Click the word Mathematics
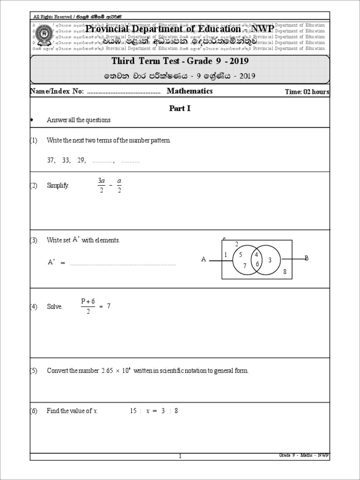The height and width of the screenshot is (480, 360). pos(189,91)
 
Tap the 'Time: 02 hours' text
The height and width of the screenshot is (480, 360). pos(307,92)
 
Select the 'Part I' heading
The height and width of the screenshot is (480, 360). pos(180,108)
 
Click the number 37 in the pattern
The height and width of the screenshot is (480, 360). pos(51,160)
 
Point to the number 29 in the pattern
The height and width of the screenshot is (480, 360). pos(82,160)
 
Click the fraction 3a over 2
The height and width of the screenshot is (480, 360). pos(101,185)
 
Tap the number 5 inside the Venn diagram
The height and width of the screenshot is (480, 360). pos(240,255)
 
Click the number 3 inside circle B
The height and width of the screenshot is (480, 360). pos(270,260)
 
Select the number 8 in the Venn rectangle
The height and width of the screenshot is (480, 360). pos(284,271)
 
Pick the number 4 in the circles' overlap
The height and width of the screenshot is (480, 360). pos(256,255)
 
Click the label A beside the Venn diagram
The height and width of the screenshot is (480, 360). pos(203,259)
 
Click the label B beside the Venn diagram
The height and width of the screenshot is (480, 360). pos(307,258)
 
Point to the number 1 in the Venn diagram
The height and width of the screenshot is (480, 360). pos(225,255)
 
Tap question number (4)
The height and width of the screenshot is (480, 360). pos(33,307)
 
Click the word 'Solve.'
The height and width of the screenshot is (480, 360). pos(54,307)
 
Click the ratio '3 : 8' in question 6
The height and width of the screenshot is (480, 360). pos(169,411)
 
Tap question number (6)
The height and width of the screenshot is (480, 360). pos(33,411)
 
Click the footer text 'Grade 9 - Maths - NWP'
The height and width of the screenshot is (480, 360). pos(304,455)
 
